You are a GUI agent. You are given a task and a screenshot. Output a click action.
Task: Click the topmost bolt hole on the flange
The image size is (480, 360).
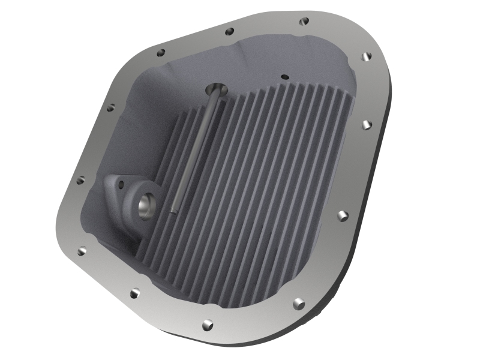pos(304,21)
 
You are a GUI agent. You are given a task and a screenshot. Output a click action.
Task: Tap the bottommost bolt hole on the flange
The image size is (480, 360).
pos(207,325)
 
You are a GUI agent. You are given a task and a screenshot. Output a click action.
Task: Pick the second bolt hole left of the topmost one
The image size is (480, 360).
pos(161,53)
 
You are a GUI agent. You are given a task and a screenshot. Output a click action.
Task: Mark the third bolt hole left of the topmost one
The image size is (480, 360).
pos(110,108)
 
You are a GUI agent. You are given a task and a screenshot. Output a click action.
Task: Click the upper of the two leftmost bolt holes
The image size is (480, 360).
pos(81,179)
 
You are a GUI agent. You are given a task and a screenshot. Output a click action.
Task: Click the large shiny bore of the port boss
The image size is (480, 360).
pos(146,206)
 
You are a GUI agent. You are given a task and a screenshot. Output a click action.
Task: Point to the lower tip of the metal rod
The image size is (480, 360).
pos(172,209)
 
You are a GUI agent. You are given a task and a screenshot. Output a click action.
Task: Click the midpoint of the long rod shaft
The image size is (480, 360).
pos(193,150)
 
